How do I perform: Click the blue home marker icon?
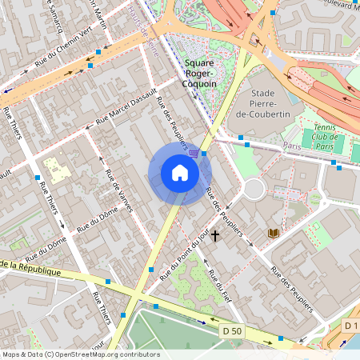pos(180,173)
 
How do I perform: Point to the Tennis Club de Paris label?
pos(326,141)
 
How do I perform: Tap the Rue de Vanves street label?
pos(118,190)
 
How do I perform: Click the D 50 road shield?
pos(232,330)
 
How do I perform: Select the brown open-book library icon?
pos(274,233)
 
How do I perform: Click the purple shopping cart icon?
pos(194,151)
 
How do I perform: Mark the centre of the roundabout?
pos(254,189)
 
